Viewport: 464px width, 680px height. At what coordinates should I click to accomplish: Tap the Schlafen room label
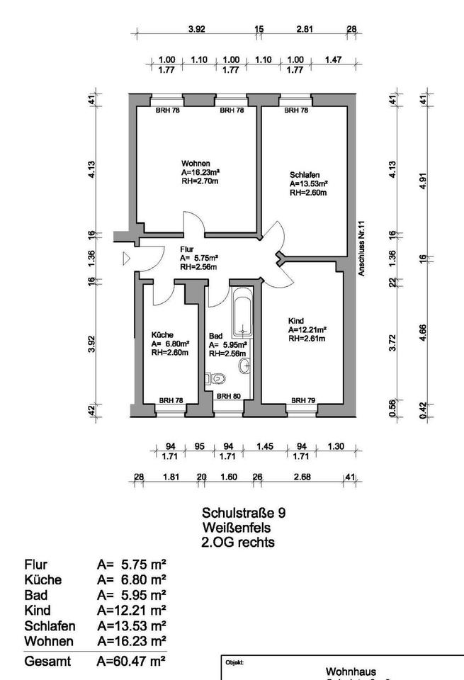click(304, 175)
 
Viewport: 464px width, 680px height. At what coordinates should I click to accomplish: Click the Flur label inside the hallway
click(187, 249)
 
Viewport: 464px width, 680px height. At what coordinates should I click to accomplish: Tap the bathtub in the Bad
click(242, 312)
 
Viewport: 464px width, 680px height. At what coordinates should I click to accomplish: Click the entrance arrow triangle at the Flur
click(126, 259)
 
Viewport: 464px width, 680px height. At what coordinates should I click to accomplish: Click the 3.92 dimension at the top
click(196, 30)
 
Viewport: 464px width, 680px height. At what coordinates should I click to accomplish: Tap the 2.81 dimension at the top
click(304, 30)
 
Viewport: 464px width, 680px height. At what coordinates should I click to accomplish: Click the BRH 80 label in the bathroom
click(227, 396)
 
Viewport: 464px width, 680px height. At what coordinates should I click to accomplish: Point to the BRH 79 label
click(302, 400)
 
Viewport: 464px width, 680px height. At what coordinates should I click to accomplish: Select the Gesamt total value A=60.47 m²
click(132, 661)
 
